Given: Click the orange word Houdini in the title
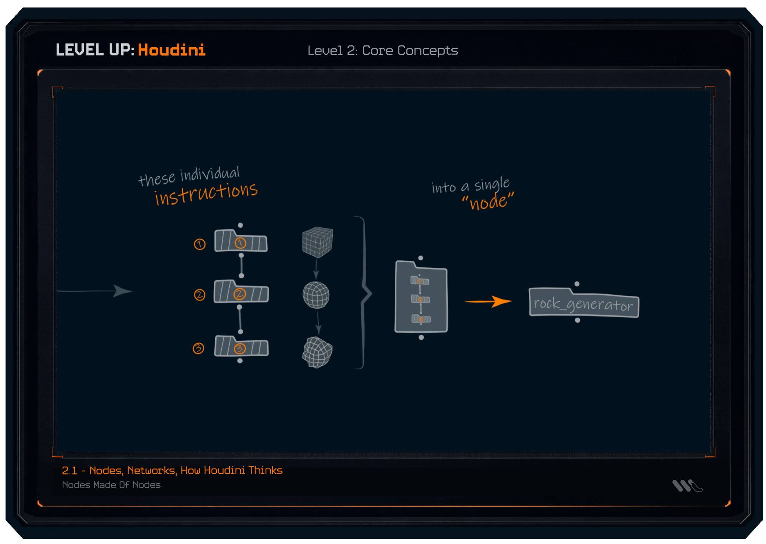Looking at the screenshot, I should [x=171, y=50].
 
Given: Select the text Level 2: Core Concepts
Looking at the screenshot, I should [x=382, y=51].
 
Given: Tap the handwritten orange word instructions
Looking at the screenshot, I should [x=206, y=193].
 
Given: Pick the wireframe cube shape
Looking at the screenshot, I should [x=317, y=242].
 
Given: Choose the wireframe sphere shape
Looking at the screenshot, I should [x=316, y=295].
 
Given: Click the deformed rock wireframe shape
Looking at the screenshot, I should [x=317, y=352].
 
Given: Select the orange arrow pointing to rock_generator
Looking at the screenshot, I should [x=488, y=301].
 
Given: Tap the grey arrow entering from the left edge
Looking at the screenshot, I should [x=94, y=291].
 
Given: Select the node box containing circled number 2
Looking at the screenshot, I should [x=241, y=292].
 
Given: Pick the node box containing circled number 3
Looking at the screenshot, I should [x=241, y=346].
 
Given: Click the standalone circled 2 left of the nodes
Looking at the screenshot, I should [x=199, y=295].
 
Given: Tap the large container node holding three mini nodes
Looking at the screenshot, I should [x=421, y=298].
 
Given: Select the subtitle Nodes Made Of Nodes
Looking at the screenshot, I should [x=111, y=485].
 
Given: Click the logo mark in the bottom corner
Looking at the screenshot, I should [x=687, y=485].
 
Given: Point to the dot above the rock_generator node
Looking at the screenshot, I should [x=577, y=284].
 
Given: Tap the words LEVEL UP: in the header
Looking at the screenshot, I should [x=95, y=50].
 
